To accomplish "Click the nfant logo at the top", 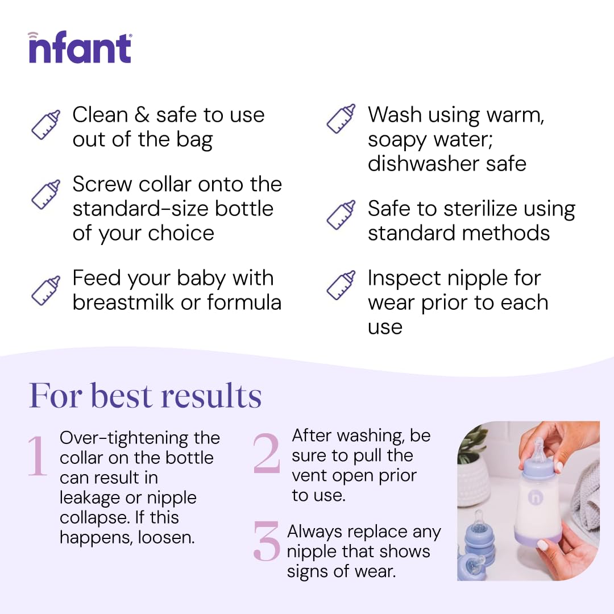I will point(80,48).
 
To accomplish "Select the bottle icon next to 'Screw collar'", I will point(45,194).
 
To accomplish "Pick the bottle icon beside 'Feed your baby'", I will point(45,289).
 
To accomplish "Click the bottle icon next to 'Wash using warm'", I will point(341,119).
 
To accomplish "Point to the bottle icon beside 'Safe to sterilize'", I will point(341,215).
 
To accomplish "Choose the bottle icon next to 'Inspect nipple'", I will point(341,285).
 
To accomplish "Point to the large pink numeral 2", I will point(267,453).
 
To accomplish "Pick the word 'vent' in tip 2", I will point(310,475).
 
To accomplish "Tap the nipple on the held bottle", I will point(538,449).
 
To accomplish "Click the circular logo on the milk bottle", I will point(535,496).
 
